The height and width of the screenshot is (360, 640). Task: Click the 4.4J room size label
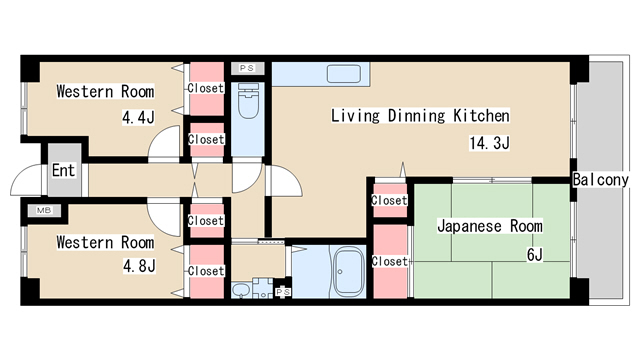[x=138, y=118]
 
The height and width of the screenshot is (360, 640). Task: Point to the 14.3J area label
[x=489, y=143]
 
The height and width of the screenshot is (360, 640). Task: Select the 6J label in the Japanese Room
[x=534, y=254]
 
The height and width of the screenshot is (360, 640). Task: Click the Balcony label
[x=600, y=181]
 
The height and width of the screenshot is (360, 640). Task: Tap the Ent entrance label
[x=63, y=170]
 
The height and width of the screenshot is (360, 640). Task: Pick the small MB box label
[x=43, y=210]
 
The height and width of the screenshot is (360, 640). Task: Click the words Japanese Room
[x=489, y=226]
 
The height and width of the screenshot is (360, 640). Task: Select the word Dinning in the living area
[x=419, y=116]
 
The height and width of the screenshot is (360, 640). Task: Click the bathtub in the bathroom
[x=347, y=269]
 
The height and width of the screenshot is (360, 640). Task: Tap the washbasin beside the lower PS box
[x=241, y=290]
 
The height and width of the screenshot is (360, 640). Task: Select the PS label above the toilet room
[x=246, y=67]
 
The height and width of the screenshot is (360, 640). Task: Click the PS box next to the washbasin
[x=282, y=292]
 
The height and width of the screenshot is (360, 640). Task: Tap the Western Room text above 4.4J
[x=105, y=92]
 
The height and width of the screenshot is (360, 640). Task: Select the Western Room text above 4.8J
[x=105, y=242]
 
